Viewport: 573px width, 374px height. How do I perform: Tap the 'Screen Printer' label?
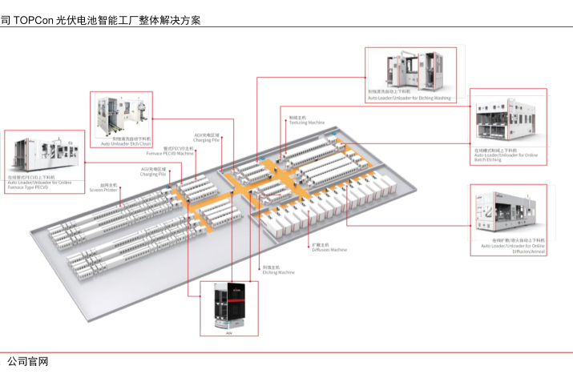(103, 189)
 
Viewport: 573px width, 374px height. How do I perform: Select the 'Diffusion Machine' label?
(329, 249)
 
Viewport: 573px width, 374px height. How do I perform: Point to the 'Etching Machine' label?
(278, 272)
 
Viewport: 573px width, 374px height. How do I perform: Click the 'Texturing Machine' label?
(306, 123)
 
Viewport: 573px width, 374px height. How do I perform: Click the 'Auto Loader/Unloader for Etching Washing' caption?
(409, 98)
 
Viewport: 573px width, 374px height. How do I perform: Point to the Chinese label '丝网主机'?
(97, 184)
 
